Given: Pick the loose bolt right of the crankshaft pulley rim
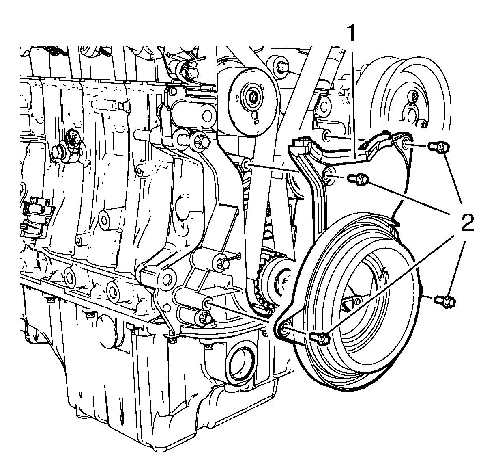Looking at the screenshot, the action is (x=445, y=301).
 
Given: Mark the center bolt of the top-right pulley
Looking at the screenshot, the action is (x=415, y=97).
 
